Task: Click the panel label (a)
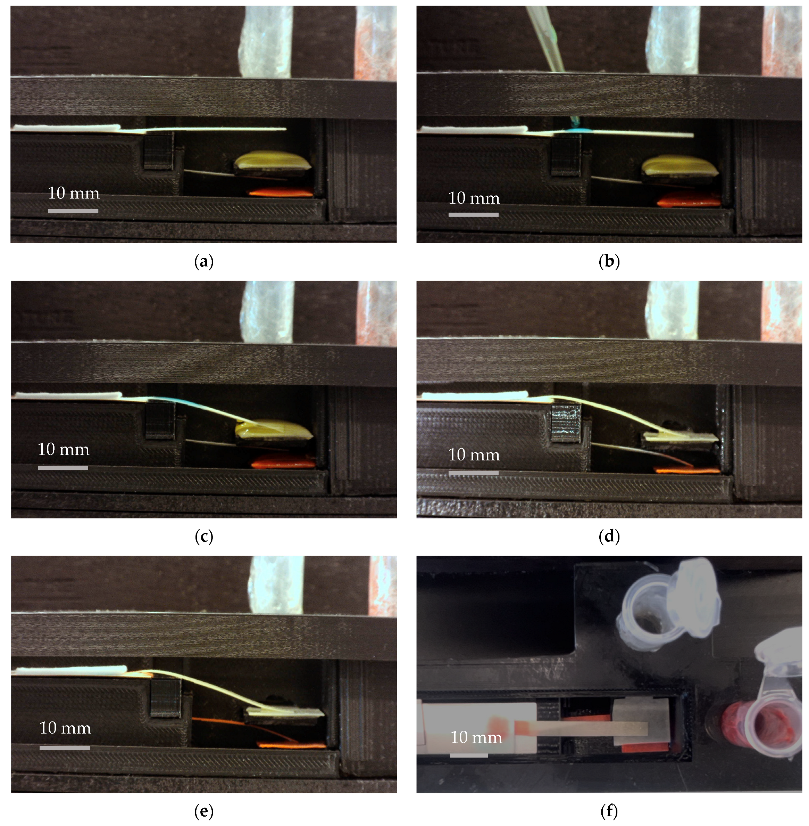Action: (203, 261)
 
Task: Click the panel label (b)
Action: (609, 261)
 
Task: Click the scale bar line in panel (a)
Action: (73, 211)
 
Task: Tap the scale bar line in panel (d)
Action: (473, 473)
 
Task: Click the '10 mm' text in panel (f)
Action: (476, 737)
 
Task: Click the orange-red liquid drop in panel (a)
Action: (281, 192)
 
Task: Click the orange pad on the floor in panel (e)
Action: (291, 757)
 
